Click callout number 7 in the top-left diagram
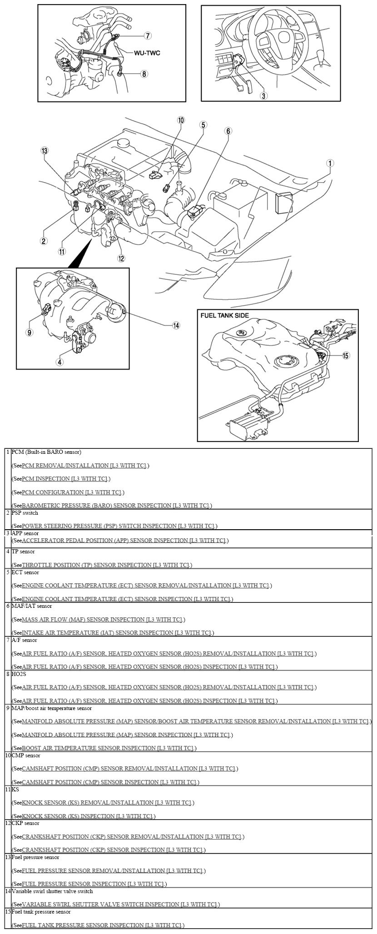(x=148, y=35)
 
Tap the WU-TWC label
(x=147, y=53)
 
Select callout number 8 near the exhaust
(x=144, y=74)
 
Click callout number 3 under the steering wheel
(x=264, y=95)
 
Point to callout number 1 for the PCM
(x=330, y=163)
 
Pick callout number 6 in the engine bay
(x=228, y=131)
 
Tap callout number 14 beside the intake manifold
(x=176, y=325)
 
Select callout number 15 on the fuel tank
(x=346, y=355)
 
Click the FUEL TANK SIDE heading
(x=225, y=315)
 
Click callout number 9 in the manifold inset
(x=29, y=332)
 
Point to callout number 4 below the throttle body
(x=60, y=362)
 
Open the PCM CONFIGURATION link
(x=72, y=492)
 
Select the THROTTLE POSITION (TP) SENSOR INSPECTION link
(x=106, y=565)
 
